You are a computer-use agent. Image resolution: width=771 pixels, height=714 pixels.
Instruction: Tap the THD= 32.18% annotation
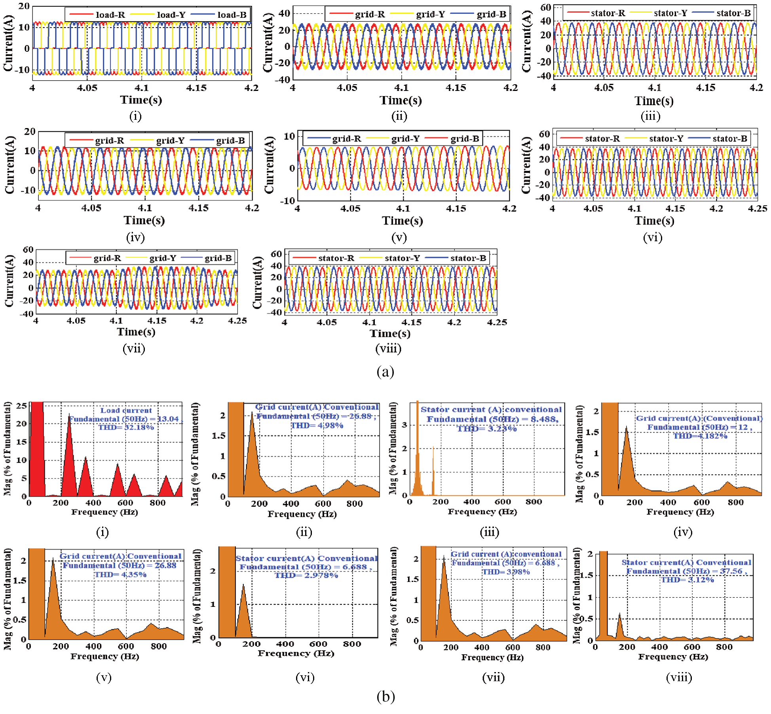click(x=126, y=427)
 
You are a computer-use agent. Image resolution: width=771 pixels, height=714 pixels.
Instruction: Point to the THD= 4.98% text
click(x=317, y=425)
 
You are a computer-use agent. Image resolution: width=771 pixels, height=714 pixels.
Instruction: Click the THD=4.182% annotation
click(x=700, y=436)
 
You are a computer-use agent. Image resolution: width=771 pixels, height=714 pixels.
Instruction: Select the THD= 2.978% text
click(x=306, y=575)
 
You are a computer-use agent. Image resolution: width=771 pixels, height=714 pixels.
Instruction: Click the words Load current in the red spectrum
click(x=126, y=410)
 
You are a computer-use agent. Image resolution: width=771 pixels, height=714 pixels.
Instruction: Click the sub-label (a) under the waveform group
click(x=385, y=372)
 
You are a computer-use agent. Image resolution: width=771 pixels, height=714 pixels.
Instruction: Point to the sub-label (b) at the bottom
click(x=385, y=696)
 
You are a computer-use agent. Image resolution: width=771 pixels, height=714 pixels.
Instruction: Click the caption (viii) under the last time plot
click(x=388, y=349)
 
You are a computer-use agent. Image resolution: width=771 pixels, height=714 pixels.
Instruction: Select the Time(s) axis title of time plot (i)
click(x=141, y=100)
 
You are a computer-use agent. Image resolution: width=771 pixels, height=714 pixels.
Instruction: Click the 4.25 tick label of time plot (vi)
click(x=757, y=208)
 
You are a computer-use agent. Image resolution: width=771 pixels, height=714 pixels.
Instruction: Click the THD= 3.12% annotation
click(x=687, y=580)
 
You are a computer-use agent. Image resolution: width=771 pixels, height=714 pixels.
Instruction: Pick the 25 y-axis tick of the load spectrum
click(x=22, y=406)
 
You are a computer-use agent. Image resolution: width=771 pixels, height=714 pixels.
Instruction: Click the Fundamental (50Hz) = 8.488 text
click(x=492, y=419)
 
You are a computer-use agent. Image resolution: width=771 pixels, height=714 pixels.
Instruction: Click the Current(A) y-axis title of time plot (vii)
click(x=9, y=281)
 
